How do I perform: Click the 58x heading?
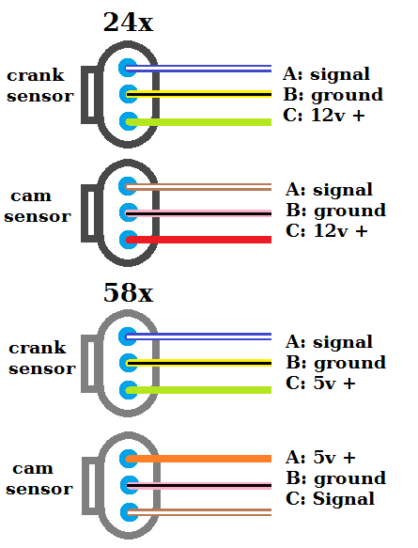pos(128,292)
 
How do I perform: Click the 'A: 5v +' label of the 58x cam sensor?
pos(320,458)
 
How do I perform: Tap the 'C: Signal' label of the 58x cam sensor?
pos(330,499)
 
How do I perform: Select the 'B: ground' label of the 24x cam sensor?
pos(335,211)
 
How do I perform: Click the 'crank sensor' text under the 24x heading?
pos(39,86)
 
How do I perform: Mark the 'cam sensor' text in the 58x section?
pos(40,478)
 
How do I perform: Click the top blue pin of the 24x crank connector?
pos(129,68)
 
